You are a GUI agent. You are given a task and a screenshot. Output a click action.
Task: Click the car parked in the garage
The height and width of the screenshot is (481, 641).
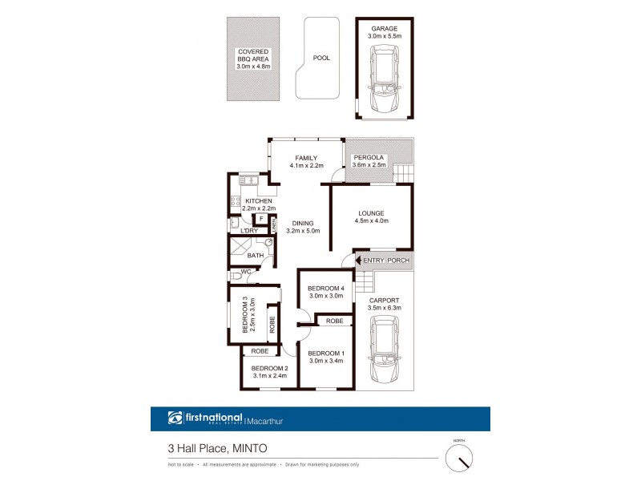[x=384, y=79]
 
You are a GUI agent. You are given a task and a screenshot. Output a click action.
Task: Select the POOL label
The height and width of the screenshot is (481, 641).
[x=320, y=58]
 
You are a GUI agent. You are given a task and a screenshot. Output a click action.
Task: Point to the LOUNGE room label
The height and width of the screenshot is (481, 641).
[x=373, y=213]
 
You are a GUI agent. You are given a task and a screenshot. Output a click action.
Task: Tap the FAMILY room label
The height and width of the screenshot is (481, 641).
[x=306, y=158]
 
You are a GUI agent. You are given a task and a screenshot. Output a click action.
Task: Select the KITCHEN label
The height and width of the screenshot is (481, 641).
[x=260, y=200]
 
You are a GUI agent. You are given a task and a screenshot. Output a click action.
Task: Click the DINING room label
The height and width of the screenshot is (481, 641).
[x=302, y=224]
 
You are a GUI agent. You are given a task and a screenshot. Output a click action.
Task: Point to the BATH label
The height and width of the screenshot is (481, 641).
[x=255, y=256]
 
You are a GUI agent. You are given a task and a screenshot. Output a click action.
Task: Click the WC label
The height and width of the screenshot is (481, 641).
[x=246, y=272]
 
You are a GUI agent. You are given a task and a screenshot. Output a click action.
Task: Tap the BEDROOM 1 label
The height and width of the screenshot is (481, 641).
[x=326, y=354]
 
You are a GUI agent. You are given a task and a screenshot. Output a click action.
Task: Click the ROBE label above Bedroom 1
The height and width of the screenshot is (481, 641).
[x=334, y=321]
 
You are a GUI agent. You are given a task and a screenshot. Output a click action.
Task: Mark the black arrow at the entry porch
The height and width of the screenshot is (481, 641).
[x=357, y=261]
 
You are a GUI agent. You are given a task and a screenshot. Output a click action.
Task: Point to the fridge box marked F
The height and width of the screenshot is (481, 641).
[x=260, y=218]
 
